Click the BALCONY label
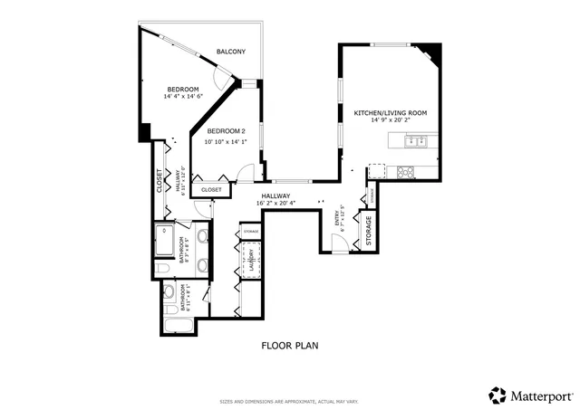(x=230, y=52)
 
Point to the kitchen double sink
(x=417, y=140)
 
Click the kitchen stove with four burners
(x=405, y=171)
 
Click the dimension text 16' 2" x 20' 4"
(x=275, y=204)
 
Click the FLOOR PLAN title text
(x=289, y=345)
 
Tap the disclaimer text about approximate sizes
(x=289, y=401)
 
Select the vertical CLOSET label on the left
(x=160, y=183)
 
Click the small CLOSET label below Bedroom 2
(x=211, y=190)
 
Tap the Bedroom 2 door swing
(x=244, y=174)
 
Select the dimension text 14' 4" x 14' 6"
(x=182, y=97)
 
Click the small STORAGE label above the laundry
(x=251, y=233)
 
